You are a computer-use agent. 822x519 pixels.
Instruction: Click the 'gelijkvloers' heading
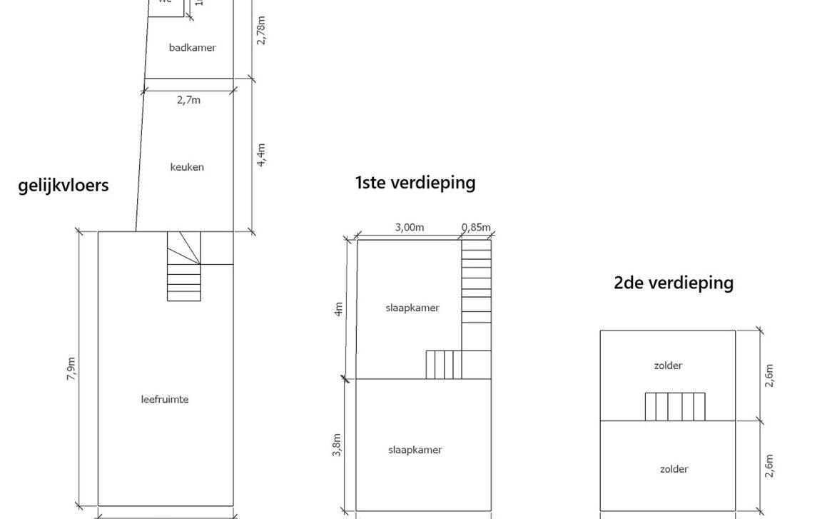64,186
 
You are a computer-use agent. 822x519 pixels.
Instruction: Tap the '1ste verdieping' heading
415,183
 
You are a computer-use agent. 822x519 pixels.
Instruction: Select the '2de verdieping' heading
673,283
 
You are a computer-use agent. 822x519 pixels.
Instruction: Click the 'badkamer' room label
192,48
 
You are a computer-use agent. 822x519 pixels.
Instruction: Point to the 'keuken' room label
187,167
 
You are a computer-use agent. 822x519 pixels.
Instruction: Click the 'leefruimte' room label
165,399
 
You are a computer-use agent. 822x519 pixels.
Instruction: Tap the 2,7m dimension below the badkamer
188,101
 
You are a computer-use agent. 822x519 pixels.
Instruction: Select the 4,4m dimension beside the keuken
261,154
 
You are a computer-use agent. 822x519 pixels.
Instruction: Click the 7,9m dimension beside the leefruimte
71,368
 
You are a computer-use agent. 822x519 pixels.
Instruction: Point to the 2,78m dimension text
261,30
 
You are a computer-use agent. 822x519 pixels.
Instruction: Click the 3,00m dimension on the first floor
410,228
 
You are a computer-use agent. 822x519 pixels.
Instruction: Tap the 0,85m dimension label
476,228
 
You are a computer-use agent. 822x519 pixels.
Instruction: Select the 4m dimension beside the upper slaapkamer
339,308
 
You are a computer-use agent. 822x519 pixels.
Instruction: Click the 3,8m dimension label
337,445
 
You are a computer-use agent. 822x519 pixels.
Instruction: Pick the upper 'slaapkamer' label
412,308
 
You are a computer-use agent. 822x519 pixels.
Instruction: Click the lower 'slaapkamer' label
415,450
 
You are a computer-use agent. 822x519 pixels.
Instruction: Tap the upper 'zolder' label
668,366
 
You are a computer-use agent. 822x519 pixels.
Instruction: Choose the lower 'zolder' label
674,469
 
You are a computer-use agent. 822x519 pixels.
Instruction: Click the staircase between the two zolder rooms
675,407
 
